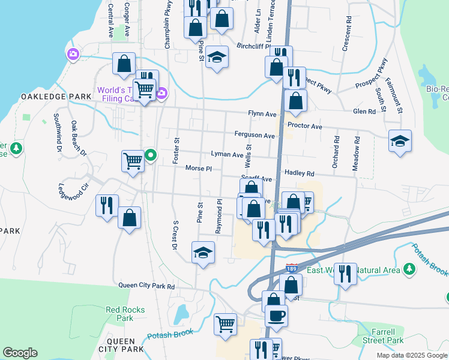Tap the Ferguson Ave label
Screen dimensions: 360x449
click(255, 136)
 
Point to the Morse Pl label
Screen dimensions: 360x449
click(199, 169)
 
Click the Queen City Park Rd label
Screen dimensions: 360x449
click(146, 286)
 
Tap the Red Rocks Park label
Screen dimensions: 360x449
click(119, 314)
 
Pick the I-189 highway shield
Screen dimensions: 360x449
click(292, 268)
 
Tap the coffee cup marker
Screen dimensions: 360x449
click(276, 315)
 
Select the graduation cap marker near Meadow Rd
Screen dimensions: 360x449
click(400, 141)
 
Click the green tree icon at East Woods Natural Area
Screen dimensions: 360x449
click(410, 269)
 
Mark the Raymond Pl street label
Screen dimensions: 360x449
click(220, 217)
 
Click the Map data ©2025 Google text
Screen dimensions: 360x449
click(411, 355)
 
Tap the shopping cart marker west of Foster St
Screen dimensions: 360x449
click(133, 160)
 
